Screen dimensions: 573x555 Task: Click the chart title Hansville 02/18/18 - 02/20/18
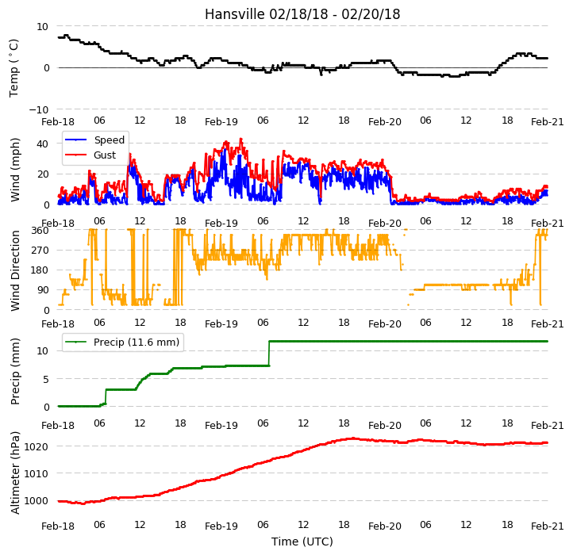(x=302, y=14)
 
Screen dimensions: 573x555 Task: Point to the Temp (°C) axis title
(x=13, y=68)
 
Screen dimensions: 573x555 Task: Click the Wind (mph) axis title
(x=14, y=170)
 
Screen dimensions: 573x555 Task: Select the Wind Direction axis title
(x=14, y=270)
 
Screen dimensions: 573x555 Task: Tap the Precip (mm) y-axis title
(x=14, y=371)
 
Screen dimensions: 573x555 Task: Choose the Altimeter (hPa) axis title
(x=14, y=473)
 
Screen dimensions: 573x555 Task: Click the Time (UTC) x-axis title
(x=302, y=542)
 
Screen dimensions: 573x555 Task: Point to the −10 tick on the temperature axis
(x=39, y=109)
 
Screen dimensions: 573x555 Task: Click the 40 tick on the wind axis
(x=42, y=144)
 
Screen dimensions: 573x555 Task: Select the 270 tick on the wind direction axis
(x=40, y=251)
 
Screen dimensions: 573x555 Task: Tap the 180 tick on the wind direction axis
(x=40, y=270)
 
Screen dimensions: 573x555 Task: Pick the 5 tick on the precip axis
(x=46, y=379)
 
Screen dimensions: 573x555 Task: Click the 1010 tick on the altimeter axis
(x=37, y=473)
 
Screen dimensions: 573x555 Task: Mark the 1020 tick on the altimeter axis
(x=37, y=446)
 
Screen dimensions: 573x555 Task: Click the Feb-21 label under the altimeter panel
(x=548, y=526)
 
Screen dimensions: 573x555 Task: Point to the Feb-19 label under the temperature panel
(x=221, y=121)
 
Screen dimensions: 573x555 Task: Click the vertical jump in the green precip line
(x=269, y=354)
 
